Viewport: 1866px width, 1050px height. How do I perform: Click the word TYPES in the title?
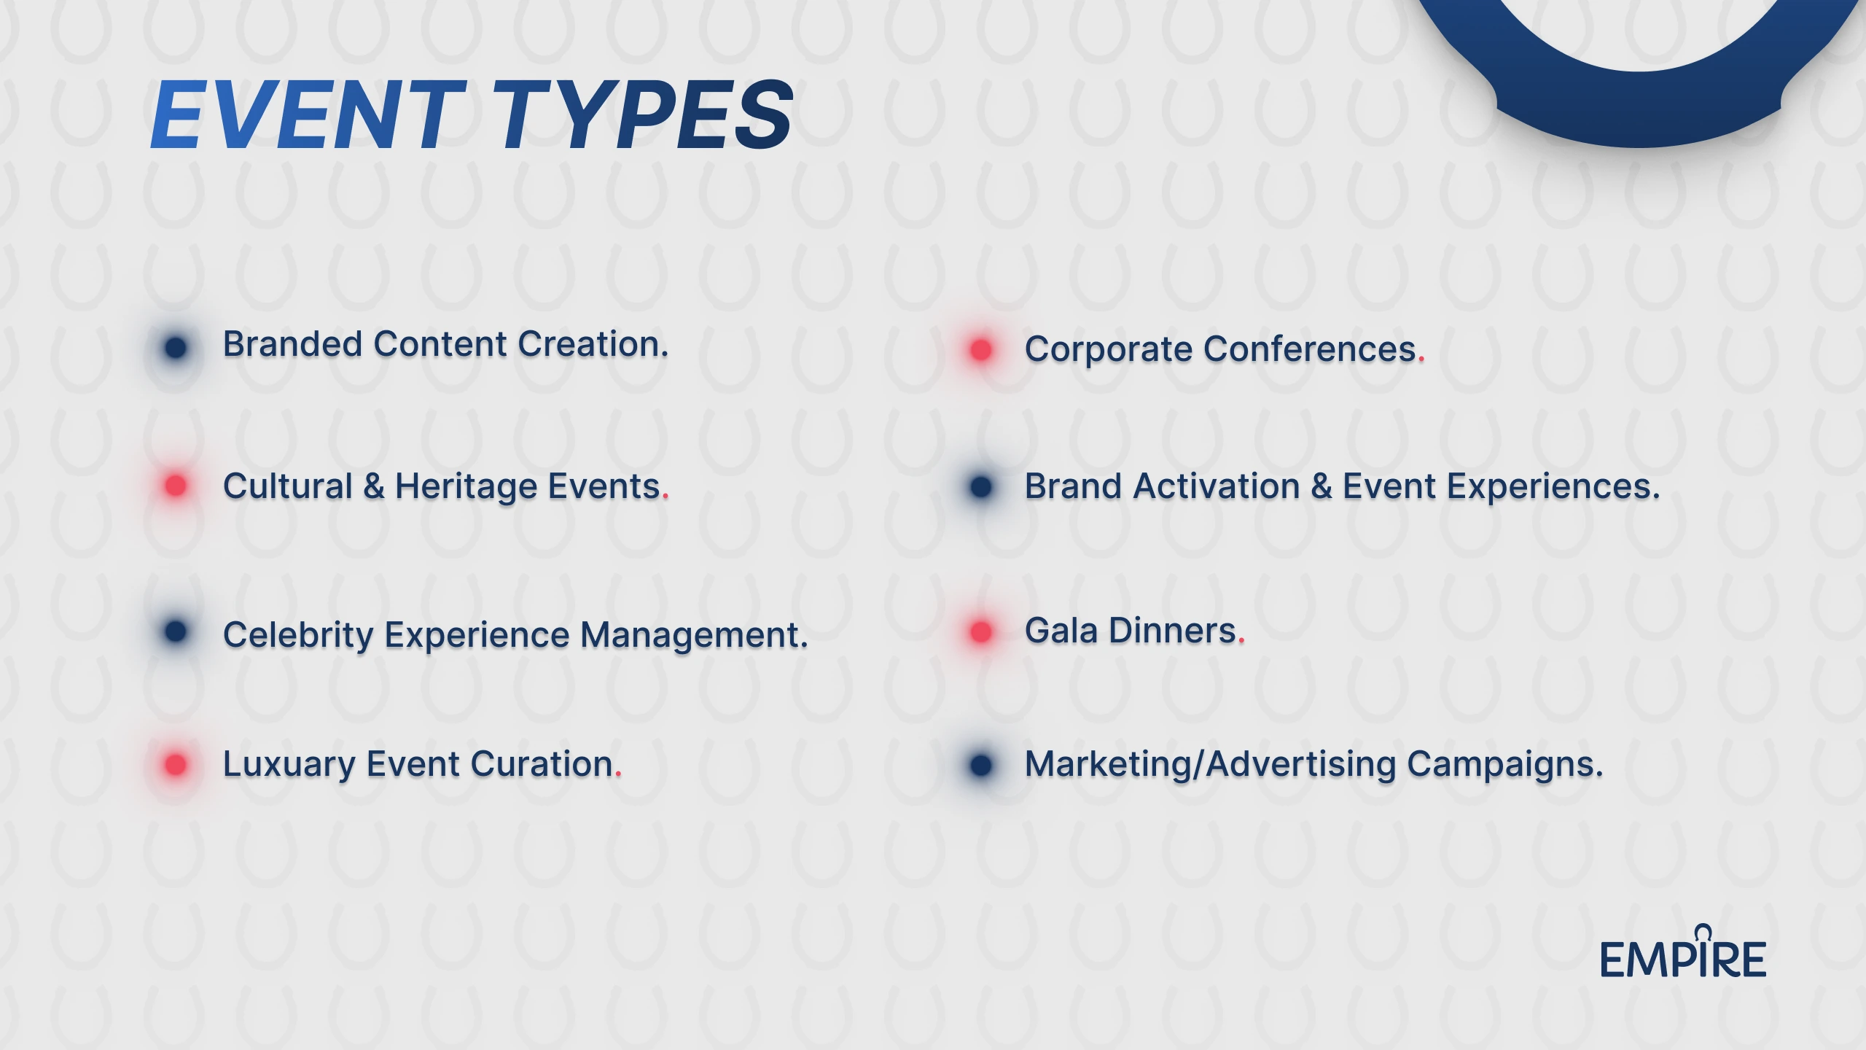coord(643,116)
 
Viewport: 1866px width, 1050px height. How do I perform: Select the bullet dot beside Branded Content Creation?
coord(176,348)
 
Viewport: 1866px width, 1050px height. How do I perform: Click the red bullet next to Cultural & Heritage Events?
coord(176,486)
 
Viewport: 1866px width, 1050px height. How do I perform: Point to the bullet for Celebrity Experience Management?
coord(176,631)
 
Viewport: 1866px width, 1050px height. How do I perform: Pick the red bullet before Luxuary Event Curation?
coord(176,765)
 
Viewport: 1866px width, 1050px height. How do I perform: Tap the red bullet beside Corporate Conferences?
coord(981,349)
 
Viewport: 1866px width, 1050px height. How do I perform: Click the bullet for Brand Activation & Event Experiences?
coord(981,486)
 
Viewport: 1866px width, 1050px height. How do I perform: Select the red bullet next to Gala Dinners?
coord(981,631)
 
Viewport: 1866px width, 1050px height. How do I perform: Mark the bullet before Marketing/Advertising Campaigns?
coord(981,765)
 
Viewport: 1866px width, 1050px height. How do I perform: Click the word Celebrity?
coord(299,636)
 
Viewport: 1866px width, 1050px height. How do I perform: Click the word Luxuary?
coord(289,766)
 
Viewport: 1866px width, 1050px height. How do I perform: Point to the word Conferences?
coord(1311,349)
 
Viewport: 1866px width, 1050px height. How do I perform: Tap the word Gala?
coord(1061,631)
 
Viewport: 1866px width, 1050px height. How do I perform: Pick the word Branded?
coord(293,344)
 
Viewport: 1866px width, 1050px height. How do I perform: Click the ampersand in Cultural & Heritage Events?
coord(374,486)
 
